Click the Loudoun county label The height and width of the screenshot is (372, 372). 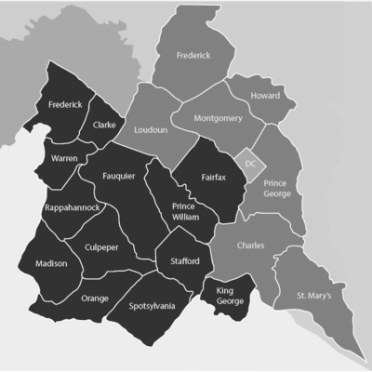coord(152,131)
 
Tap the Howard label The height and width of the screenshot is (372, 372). coord(265,96)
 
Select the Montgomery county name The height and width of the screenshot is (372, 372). coord(219,119)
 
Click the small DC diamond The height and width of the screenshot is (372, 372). coord(249,163)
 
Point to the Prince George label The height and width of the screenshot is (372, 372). coord(277,189)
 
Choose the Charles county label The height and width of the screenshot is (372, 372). coord(250,246)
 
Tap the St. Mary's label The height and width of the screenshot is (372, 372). coord(314,295)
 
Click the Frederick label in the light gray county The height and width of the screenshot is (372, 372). coord(193,56)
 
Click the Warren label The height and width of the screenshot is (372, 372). coord(64,159)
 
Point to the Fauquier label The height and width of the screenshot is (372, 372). coord(119,174)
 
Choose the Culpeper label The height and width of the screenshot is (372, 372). coord(102,249)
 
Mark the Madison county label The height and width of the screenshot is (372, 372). coord(51,263)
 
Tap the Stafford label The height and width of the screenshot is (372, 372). coord(184,261)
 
